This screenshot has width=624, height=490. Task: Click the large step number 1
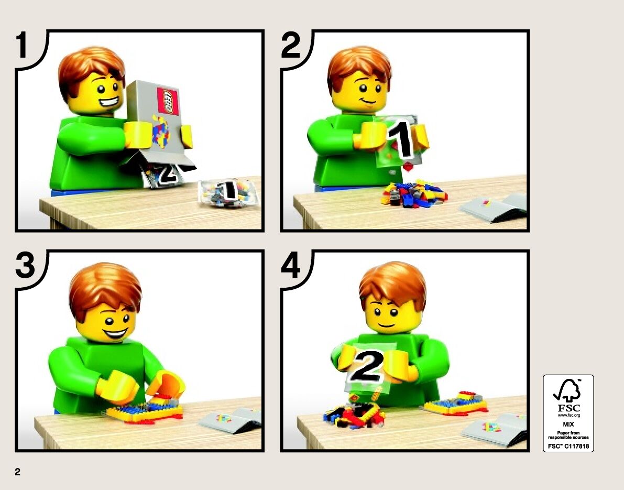tap(22, 45)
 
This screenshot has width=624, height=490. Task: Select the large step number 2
tap(291, 45)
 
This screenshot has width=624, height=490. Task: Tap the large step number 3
tap(26, 265)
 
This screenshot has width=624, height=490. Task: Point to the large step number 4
tap(291, 265)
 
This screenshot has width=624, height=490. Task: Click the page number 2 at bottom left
tap(17, 472)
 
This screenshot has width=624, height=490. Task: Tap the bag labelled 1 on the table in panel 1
tap(228, 193)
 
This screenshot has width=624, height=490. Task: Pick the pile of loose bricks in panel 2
tap(414, 194)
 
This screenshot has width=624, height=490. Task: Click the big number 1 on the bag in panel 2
tap(402, 139)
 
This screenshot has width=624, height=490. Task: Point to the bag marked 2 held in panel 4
tap(366, 364)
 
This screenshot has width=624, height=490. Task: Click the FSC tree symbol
tap(568, 390)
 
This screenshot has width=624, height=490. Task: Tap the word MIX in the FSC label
tap(568, 424)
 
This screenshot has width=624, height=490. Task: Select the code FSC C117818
tap(568, 446)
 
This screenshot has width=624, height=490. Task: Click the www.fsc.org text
tap(568, 415)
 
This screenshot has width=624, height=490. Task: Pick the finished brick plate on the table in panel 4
tap(456, 403)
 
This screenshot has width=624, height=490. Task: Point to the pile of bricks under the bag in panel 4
tap(354, 412)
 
